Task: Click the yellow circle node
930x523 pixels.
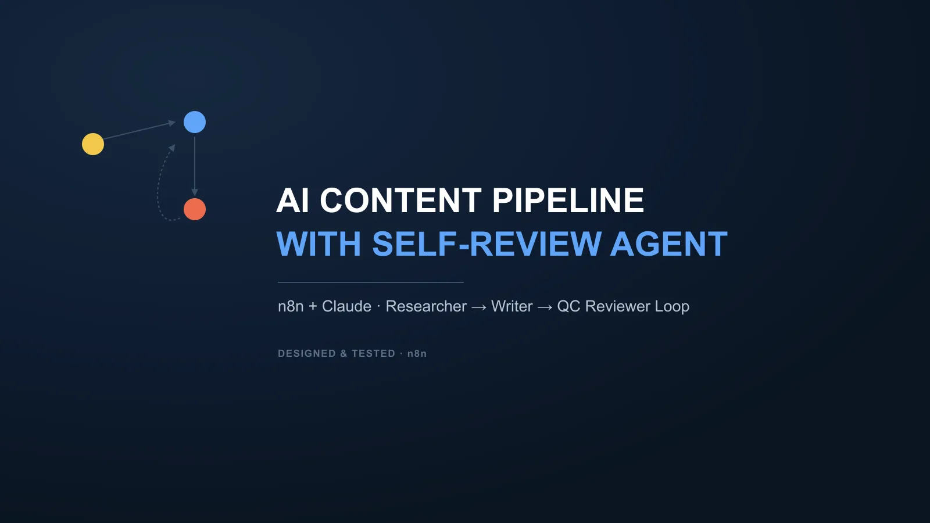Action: pos(93,144)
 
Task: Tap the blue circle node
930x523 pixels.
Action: pos(195,122)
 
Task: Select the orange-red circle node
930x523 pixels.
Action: pos(195,209)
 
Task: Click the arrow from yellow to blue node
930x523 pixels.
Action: pos(139,130)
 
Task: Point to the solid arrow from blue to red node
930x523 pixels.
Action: pos(195,166)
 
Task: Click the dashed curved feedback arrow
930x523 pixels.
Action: pos(158,187)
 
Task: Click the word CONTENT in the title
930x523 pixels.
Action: pos(400,200)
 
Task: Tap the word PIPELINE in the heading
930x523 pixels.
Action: pos(568,200)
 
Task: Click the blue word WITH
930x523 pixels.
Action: pos(319,244)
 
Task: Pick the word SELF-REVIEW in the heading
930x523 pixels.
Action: pos(487,244)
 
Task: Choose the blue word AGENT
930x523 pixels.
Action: pos(669,244)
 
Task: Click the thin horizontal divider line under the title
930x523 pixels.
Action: pos(371,282)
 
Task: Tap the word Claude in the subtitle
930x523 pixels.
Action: pos(346,306)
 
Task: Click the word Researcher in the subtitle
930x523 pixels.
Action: pos(426,306)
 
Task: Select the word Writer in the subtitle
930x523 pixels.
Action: pos(512,306)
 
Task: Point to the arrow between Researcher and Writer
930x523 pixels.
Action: pos(479,307)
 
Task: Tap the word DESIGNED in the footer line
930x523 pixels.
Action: pos(307,354)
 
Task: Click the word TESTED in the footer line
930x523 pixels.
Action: pos(373,354)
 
